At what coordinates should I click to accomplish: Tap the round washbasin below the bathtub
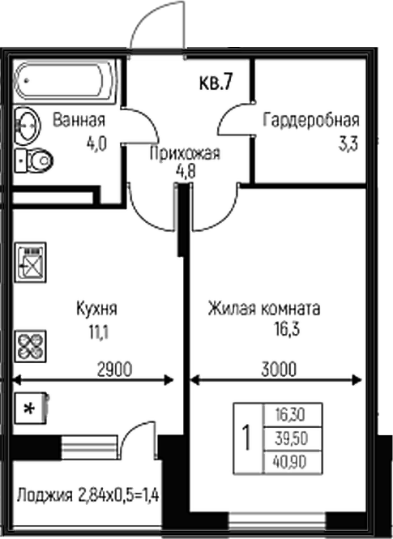(27, 126)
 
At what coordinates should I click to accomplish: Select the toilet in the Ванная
(34, 160)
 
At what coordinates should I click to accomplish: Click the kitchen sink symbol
(31, 263)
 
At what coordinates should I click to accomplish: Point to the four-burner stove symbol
(31, 346)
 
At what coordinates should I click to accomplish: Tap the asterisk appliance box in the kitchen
(32, 409)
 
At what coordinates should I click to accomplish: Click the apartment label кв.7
(216, 83)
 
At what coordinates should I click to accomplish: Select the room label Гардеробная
(311, 120)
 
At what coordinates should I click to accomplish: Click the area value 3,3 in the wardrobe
(348, 144)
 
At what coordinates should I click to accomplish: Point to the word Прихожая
(185, 153)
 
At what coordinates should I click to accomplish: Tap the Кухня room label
(96, 308)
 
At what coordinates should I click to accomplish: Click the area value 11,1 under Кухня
(99, 333)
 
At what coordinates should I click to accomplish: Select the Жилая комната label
(264, 308)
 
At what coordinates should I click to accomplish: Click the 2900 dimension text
(114, 370)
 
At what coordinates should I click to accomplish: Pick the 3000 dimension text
(279, 370)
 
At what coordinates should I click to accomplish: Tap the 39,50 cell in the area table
(292, 439)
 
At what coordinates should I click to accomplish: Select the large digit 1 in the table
(246, 438)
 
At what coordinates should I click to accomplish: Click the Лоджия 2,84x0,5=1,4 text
(88, 496)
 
